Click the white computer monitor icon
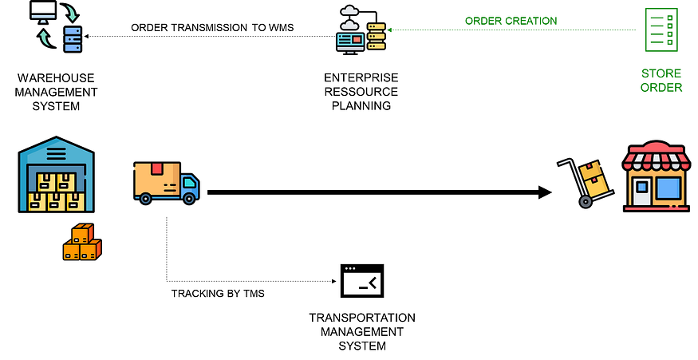coord(43,10)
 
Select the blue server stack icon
coord(73,39)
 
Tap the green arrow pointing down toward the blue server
coord(71,13)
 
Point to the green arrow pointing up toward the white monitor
coord(45,38)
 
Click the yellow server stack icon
coord(377,36)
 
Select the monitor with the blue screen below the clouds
coord(350,41)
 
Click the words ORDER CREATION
coord(511,21)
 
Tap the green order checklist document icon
coord(661,30)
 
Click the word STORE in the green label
coord(661,73)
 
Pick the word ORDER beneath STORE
coord(661,87)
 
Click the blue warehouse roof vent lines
coord(57,152)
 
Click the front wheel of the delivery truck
coord(189,197)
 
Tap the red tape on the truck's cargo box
coord(157,168)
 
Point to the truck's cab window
coord(189,183)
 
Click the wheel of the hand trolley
coord(586,202)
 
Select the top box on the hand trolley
coord(591,171)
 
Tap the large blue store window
coord(668,188)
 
